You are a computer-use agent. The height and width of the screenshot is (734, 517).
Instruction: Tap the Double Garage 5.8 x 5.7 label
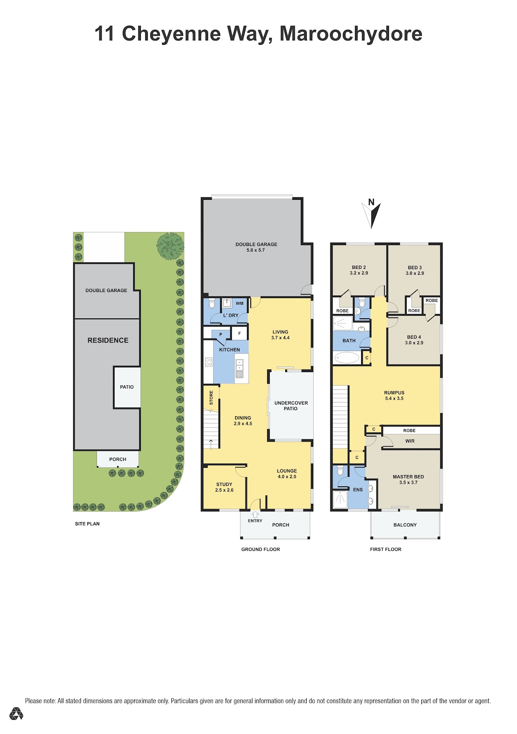coord(256,247)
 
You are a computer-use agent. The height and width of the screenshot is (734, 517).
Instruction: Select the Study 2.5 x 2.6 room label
coord(224,487)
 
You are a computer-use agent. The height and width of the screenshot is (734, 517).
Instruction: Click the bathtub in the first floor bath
coord(346,358)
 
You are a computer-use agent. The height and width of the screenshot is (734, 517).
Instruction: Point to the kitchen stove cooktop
coord(209,362)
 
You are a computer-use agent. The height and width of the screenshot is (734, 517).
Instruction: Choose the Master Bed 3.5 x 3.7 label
coord(408,479)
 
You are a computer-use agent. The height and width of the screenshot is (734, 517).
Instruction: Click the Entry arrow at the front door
coord(255,514)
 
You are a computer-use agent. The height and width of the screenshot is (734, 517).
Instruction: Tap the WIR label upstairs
coord(410,441)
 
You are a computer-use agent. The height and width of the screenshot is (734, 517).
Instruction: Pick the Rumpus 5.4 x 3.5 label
coord(394,395)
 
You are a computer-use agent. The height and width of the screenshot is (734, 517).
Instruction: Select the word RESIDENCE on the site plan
coord(108,340)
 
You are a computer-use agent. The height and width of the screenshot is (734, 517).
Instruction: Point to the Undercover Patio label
coord(291,406)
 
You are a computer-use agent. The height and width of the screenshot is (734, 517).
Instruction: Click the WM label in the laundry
coord(240,303)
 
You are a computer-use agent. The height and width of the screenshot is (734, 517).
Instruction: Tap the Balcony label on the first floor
coord(405,525)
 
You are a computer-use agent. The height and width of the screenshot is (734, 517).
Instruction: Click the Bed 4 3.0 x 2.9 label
coord(414,340)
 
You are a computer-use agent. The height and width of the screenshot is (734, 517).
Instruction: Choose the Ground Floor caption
coord(261,549)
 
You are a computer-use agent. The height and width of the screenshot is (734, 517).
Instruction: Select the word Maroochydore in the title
coord(351,34)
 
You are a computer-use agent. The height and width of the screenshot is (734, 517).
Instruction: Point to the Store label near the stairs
coord(211,398)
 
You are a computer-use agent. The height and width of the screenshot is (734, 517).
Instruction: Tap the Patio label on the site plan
coord(127,387)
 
